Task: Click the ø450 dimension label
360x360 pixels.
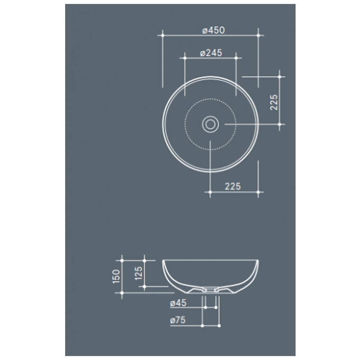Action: [213, 30]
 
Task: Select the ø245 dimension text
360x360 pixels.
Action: [211, 53]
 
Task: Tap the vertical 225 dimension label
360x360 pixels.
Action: [274, 102]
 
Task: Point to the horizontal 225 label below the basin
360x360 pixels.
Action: [233, 186]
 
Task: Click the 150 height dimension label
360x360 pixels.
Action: [116, 276]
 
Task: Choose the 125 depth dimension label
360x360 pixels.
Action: [139, 273]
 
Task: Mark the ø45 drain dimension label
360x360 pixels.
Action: [178, 303]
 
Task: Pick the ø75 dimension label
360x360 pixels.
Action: [178, 320]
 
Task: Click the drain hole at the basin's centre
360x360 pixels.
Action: [210, 124]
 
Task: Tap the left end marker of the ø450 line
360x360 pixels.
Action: [163, 35]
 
